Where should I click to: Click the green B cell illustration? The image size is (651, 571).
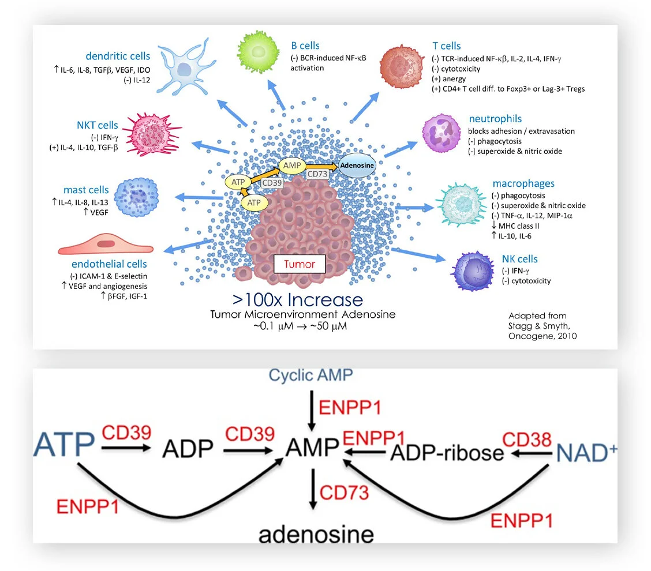pyautogui.click(x=258, y=52)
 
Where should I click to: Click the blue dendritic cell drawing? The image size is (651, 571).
pyautogui.click(x=185, y=68)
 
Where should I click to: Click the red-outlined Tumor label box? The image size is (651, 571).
pyautogui.click(x=300, y=265)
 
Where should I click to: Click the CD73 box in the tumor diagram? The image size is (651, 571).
pyautogui.click(x=318, y=173)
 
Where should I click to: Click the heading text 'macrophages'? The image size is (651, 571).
pyautogui.click(x=523, y=183)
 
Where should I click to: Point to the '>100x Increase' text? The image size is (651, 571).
pyautogui.click(x=298, y=300)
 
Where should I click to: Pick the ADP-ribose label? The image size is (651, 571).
pyautogui.click(x=447, y=453)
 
